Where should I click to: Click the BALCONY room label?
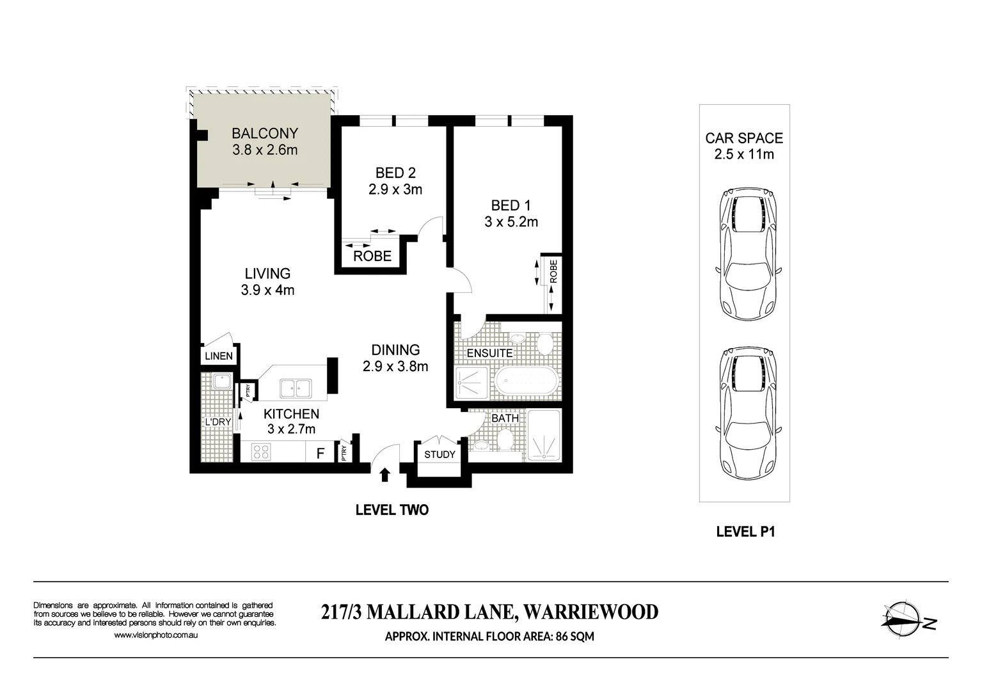pos(264,133)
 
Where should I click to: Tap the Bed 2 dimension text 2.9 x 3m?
pos(395,189)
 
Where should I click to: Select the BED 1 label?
pos(511,205)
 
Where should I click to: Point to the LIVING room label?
pos(267,273)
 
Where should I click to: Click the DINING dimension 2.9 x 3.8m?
pos(395,367)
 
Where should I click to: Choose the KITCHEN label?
pos(291,414)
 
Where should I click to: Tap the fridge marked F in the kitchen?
pos(321,454)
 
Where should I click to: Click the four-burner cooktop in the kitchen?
pos(260,452)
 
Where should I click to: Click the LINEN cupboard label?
pos(219,356)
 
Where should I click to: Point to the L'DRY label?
pos(218,422)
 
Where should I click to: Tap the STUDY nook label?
pos(440,454)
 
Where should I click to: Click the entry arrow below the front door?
pos(385,474)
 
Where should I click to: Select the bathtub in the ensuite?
pos(527,383)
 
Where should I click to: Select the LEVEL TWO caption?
pos(392,510)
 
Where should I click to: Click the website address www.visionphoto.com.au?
pos(155,635)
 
